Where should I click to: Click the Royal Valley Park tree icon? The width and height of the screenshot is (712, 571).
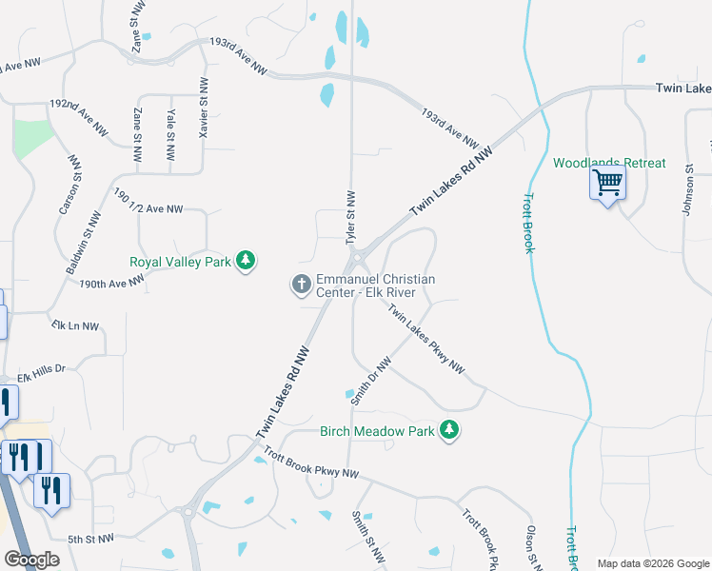click(246, 260)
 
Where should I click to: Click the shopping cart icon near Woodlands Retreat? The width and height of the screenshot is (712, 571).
click(607, 181)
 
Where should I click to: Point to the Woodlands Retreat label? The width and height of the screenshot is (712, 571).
click(609, 163)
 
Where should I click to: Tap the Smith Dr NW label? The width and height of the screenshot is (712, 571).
click(370, 381)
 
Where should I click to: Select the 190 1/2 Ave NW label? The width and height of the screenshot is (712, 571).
click(147, 201)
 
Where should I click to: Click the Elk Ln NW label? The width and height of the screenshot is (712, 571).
click(75, 325)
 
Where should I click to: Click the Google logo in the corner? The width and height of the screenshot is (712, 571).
click(31, 560)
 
